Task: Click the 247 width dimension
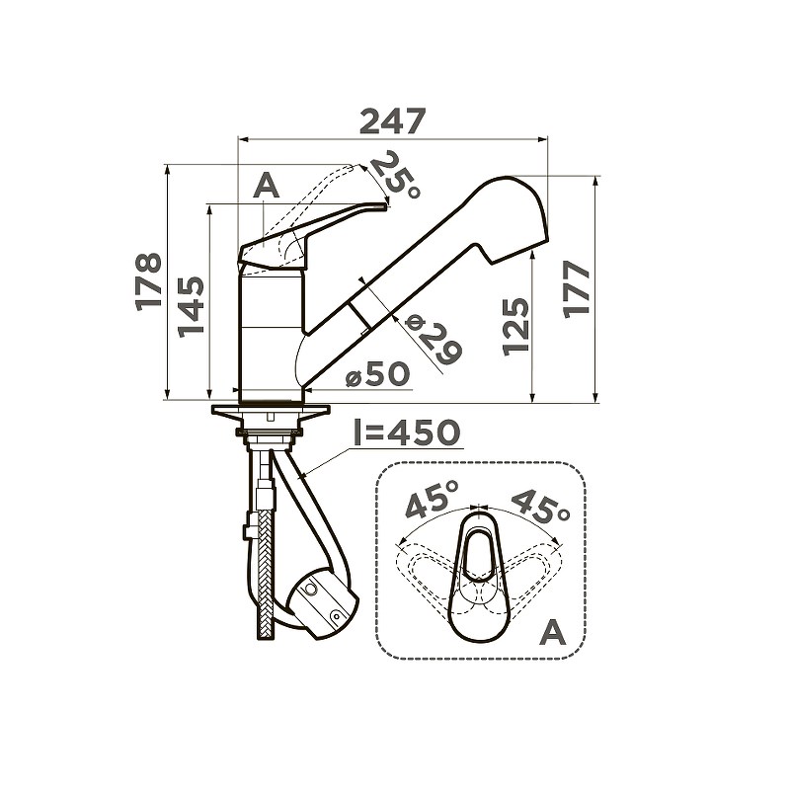393,121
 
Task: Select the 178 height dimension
149,281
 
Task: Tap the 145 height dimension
191,307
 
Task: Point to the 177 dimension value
577,289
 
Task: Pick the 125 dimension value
516,328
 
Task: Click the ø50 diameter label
378,375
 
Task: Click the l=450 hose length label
407,433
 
